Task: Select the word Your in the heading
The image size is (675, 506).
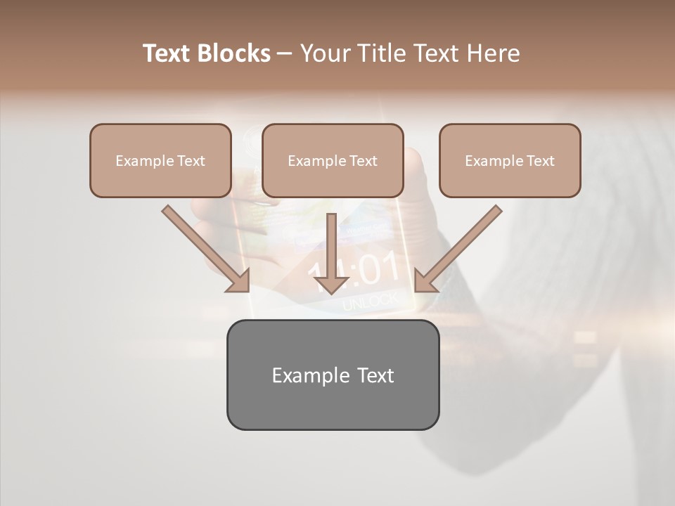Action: coord(321,53)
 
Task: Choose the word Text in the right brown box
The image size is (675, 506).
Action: coord(540,161)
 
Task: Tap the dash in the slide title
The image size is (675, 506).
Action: coord(285,53)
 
